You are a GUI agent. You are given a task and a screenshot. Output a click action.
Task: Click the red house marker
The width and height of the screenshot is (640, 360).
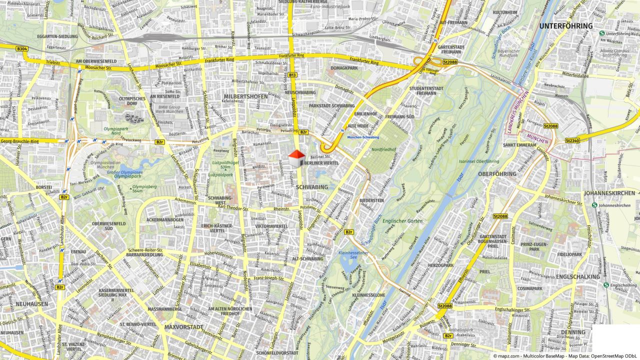coord(296,158)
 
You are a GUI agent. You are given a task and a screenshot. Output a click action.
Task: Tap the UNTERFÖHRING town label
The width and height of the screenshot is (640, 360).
coord(565,26)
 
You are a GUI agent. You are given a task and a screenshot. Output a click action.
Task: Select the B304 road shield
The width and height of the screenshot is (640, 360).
coord(21,48)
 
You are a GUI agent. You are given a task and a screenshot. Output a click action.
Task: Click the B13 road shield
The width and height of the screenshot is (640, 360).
coord(292,75)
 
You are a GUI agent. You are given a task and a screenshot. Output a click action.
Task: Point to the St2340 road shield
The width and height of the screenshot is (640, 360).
coord(572,141)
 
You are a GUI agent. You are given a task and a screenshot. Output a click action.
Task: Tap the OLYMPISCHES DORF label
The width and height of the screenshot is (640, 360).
coord(132,101)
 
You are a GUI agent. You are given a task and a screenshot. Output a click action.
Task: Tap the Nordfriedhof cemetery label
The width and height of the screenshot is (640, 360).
coord(383,149)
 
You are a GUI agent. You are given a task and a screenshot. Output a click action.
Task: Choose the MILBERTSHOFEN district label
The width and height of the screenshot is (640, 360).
coord(245,96)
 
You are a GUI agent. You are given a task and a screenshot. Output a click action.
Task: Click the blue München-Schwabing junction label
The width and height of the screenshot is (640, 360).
coord(363,137)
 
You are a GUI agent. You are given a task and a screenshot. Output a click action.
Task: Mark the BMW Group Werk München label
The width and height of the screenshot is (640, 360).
coord(169,109)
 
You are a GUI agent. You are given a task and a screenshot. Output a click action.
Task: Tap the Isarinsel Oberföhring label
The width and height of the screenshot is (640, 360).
coord(478,161)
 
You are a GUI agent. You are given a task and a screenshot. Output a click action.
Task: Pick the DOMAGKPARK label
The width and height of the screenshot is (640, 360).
coord(344,68)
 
